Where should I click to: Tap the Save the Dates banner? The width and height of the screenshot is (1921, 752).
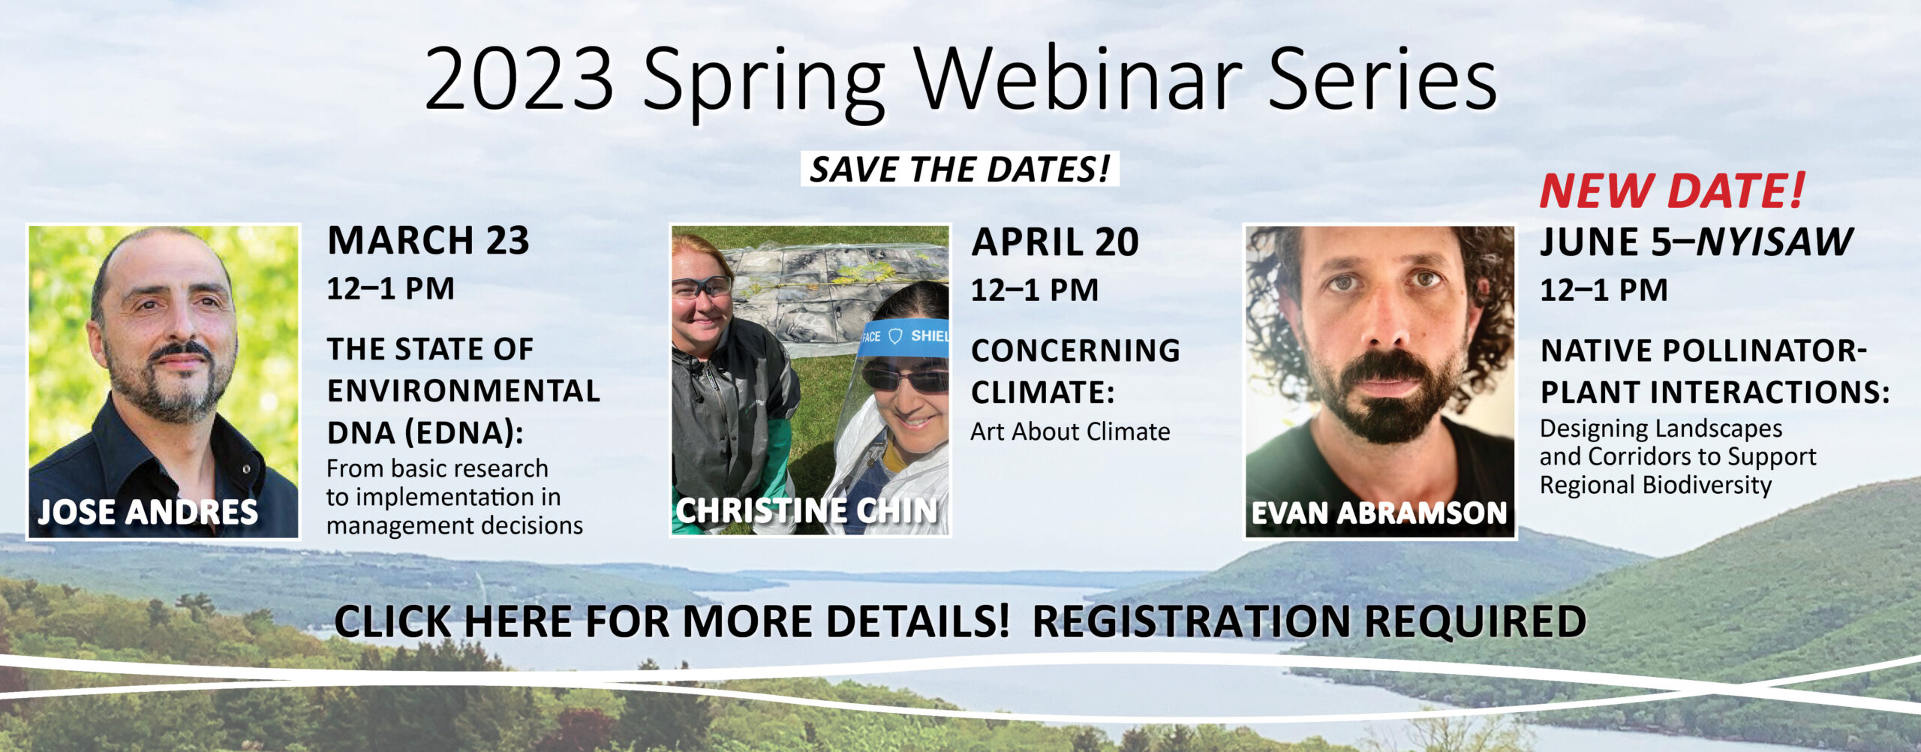(x=960, y=169)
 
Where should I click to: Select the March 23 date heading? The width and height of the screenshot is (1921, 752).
(x=428, y=241)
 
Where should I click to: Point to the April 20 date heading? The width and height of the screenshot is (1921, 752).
(x=1055, y=242)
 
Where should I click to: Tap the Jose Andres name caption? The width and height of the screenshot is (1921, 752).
(x=148, y=512)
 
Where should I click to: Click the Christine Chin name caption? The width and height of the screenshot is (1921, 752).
(x=807, y=510)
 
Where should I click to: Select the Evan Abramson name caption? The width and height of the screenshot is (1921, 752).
(x=1379, y=513)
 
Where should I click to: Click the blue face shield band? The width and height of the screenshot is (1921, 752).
(x=903, y=336)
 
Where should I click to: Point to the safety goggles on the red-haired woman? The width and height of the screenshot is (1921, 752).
(x=701, y=287)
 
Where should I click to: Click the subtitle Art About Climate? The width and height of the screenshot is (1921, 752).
(x=1070, y=432)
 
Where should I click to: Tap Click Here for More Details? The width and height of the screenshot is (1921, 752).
(x=672, y=621)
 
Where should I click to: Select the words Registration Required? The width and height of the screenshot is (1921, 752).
(x=1309, y=621)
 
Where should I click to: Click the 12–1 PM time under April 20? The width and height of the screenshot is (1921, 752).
(x=1035, y=290)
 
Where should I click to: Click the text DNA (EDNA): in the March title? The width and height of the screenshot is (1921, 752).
(x=425, y=433)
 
